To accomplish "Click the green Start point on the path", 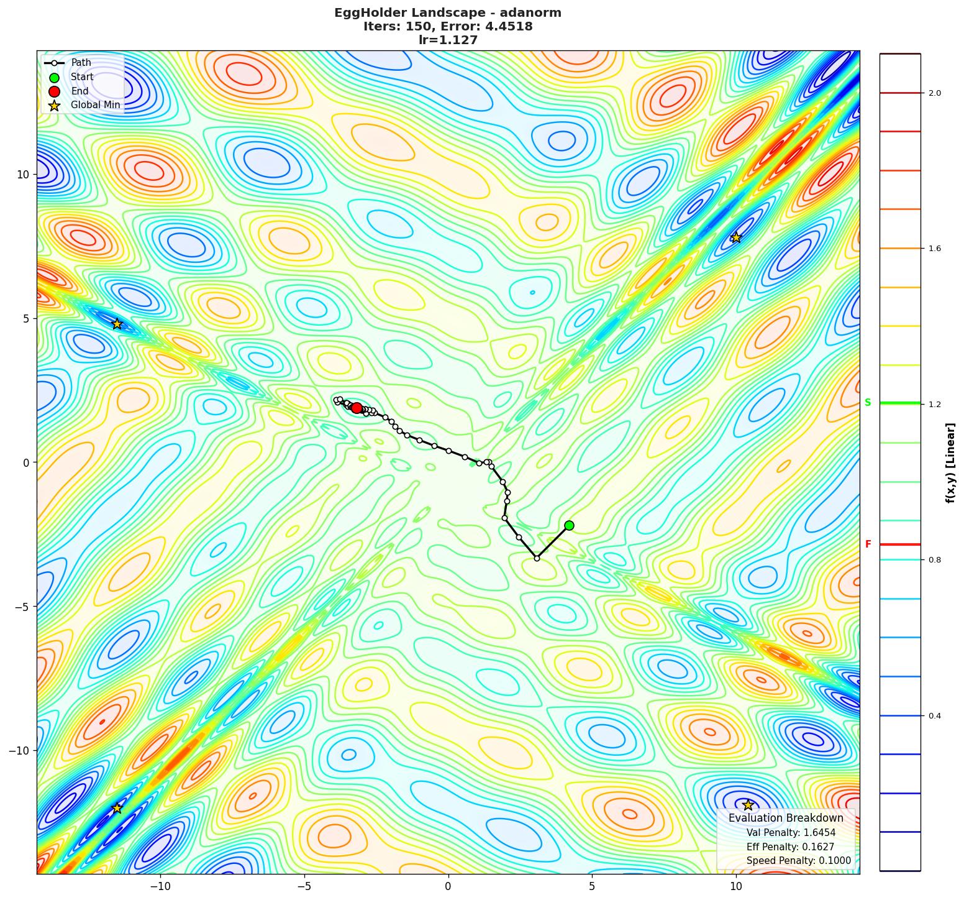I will click(569, 525).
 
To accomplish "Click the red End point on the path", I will click(357, 408).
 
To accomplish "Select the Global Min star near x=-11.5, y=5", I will click(117, 324).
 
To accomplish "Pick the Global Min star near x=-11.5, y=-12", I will click(117, 808).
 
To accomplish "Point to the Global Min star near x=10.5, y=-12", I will click(748, 805).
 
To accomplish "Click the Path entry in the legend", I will click(81, 63).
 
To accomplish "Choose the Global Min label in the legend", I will click(95, 105).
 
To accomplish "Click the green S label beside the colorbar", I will click(868, 403).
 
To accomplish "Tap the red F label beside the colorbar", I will click(868, 544).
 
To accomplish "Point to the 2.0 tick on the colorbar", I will click(934, 93).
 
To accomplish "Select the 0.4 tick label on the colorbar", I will click(934, 716).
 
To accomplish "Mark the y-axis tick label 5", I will click(26, 318).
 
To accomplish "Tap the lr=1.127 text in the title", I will click(448, 40).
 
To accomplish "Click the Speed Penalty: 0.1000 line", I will click(798, 861).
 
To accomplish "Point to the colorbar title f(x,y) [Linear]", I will click(950, 463).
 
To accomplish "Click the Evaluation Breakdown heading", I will click(786, 818).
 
